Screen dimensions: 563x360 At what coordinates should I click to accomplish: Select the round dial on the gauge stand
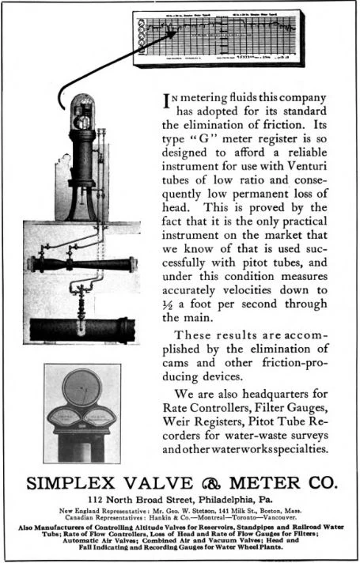tap(82, 389)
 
